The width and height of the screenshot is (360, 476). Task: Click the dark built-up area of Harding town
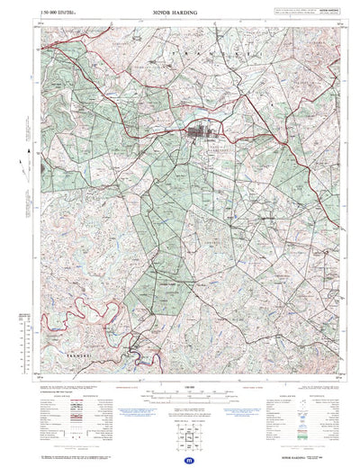pyautogui.click(x=198, y=136)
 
